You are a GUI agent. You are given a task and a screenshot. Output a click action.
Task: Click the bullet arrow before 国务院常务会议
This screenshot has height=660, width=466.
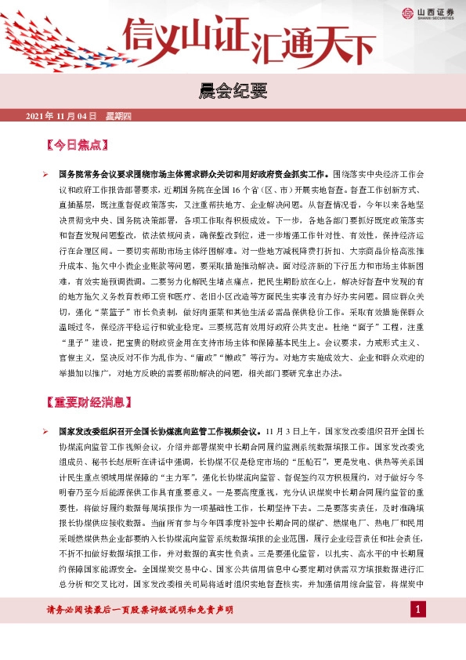[x=46, y=172]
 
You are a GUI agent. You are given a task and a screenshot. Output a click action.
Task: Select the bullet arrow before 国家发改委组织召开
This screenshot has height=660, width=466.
[x=46, y=431]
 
